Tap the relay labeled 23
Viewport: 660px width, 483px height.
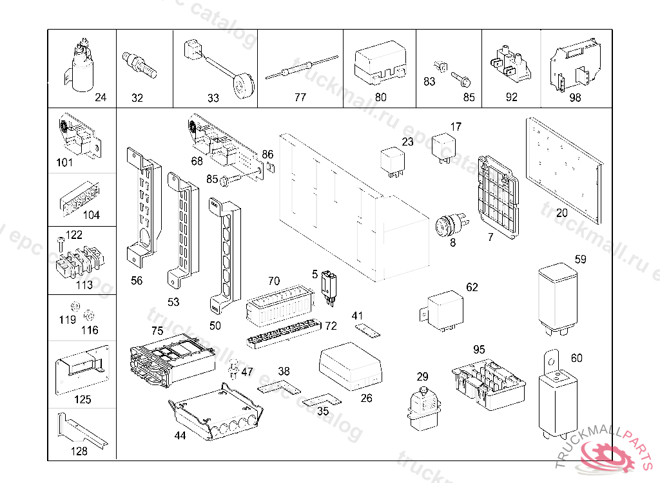393,162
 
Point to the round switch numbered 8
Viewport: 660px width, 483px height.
447,226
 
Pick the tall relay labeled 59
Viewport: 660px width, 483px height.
557,298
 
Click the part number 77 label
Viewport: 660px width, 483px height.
300,98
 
